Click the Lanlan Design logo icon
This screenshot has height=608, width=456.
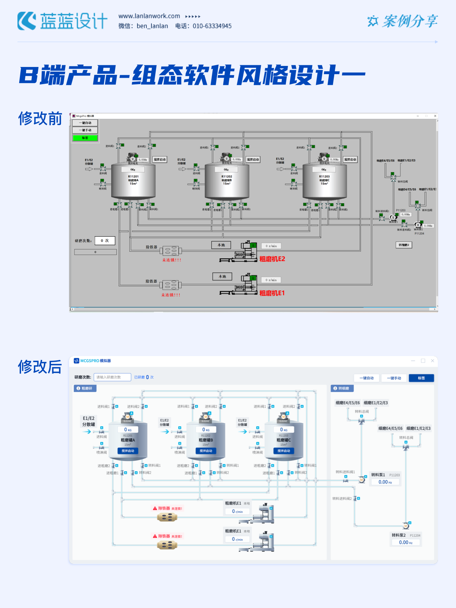tap(27, 21)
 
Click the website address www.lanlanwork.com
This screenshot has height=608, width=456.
tap(149, 16)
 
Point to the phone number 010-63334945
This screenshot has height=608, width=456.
tap(212, 26)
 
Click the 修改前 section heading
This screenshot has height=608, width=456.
tap(40, 119)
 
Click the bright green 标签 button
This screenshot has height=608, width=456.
tap(85, 138)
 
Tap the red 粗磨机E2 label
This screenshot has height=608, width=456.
tap(272, 259)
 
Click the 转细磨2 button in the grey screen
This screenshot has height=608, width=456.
tap(404, 245)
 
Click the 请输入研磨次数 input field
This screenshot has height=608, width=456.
tap(112, 377)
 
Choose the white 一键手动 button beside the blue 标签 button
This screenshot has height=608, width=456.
tap(394, 378)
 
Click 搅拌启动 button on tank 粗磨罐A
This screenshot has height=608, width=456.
tap(128, 451)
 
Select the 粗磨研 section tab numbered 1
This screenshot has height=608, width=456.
tap(85, 388)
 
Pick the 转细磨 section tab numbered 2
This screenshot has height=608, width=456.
tap(342, 388)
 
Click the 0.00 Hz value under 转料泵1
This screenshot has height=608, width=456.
tap(385, 482)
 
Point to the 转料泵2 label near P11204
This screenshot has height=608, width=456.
tap(399, 535)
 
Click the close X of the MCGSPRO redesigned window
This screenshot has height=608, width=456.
tap(432, 361)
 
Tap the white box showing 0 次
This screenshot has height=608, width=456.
tap(105, 241)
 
